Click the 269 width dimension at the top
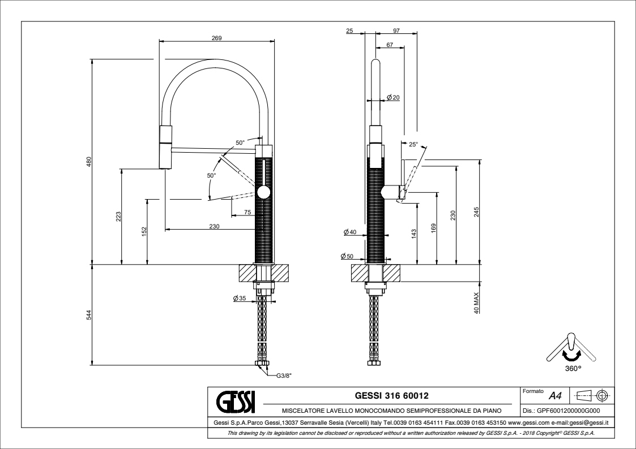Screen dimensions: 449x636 pos(216,38)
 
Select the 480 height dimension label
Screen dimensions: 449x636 pos(88,162)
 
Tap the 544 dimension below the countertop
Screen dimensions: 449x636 pos(88,315)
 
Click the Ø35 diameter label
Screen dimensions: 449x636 pos(238,299)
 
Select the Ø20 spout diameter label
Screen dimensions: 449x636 pos(394,98)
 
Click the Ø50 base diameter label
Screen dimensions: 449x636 pos(347,256)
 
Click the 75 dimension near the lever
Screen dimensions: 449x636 pos(247,212)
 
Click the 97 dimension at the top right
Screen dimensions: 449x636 pos(396,31)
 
